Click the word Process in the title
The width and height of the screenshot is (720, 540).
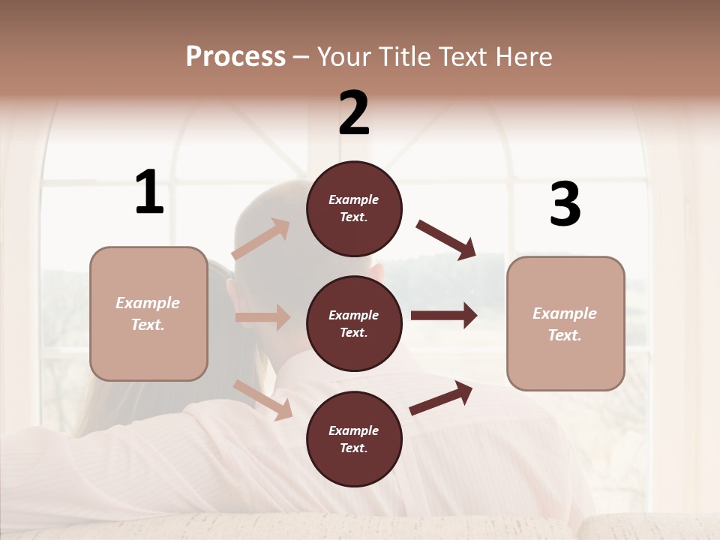235,57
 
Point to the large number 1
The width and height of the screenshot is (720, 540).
149,193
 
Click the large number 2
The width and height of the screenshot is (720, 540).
354,113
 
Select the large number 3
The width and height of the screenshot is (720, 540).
565,205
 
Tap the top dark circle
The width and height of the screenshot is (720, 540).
354,208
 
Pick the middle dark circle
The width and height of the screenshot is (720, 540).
354,324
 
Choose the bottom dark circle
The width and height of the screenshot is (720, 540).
354,439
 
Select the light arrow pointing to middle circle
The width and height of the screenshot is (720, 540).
262,317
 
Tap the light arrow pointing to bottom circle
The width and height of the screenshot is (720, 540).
263,400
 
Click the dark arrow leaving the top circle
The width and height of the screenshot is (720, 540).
446,239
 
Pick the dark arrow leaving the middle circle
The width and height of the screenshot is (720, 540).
443,316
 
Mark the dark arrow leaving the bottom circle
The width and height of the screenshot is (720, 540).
441,398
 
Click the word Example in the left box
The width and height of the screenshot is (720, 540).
148,303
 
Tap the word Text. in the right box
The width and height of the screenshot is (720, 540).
565,335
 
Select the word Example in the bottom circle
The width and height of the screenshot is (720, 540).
354,430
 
